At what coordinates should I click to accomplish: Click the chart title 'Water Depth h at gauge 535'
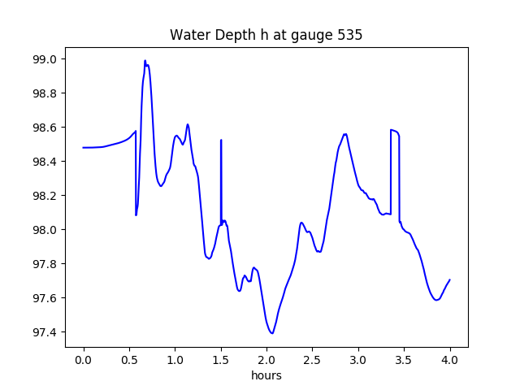(x=266, y=36)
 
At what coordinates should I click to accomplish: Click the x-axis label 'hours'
(x=266, y=376)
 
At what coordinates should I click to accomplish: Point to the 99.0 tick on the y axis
(x=45, y=59)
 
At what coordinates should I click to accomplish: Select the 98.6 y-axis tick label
(x=45, y=128)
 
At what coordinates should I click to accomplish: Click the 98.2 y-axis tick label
(x=45, y=196)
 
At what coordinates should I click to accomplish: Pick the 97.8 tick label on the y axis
(x=45, y=264)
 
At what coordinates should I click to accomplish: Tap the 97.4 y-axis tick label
(x=45, y=332)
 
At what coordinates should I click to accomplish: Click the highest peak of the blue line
(x=145, y=60)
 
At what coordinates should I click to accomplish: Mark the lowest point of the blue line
(x=272, y=333)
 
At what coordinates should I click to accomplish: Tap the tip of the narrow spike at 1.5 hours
(x=221, y=140)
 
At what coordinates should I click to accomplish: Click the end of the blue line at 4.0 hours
(x=450, y=279)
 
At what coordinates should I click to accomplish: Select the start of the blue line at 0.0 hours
(x=84, y=147)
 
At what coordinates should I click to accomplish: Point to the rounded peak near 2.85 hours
(x=345, y=134)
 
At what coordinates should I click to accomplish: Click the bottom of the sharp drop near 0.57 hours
(x=136, y=215)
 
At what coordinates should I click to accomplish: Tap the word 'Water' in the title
(x=186, y=36)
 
